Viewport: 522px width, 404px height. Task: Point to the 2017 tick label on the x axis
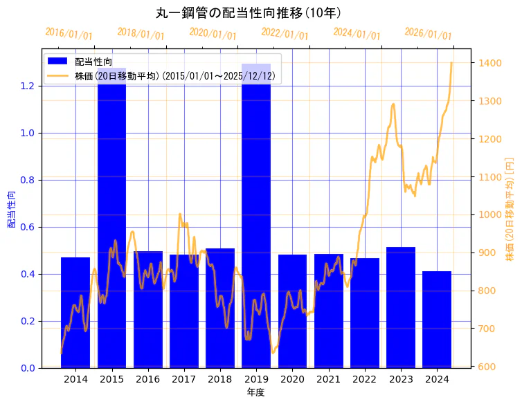pos(184,380)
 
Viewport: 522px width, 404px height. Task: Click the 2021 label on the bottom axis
pos(328,380)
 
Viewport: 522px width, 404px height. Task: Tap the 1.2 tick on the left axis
pos(28,86)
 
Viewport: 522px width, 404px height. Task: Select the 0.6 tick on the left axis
pos(28,227)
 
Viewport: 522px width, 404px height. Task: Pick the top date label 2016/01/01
pos(69,34)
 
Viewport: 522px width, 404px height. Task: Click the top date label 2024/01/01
pos(357,34)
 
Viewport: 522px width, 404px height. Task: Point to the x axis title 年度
pos(255,392)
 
